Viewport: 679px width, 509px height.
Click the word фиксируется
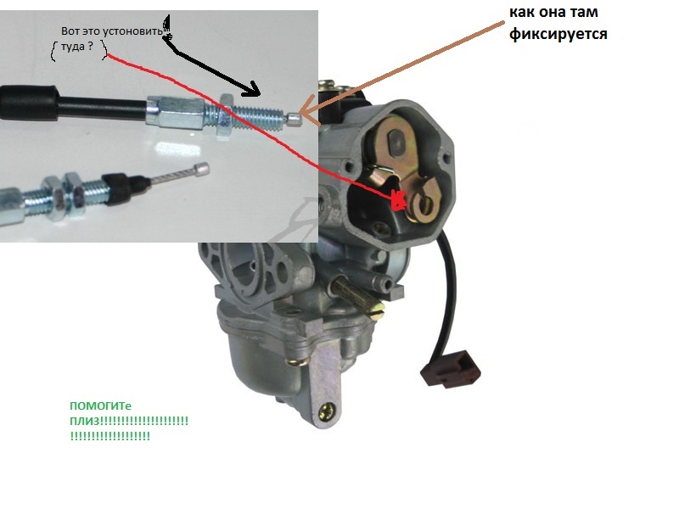click(x=558, y=34)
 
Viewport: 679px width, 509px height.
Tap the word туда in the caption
click(x=72, y=47)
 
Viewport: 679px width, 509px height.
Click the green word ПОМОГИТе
click(x=100, y=406)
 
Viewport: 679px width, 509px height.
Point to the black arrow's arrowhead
click(x=251, y=90)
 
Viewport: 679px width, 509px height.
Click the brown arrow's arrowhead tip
click(x=300, y=115)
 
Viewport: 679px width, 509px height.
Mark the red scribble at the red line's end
click(x=398, y=200)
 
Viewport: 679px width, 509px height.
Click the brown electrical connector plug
click(x=451, y=368)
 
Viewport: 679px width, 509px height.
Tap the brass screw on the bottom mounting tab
click(x=328, y=411)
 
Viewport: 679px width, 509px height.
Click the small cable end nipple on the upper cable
click(x=293, y=119)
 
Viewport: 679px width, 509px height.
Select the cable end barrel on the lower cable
click(x=201, y=169)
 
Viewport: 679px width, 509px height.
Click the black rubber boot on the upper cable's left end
click(x=29, y=103)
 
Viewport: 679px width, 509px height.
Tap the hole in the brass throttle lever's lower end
click(x=425, y=204)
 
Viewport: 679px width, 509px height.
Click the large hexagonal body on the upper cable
click(x=176, y=113)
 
